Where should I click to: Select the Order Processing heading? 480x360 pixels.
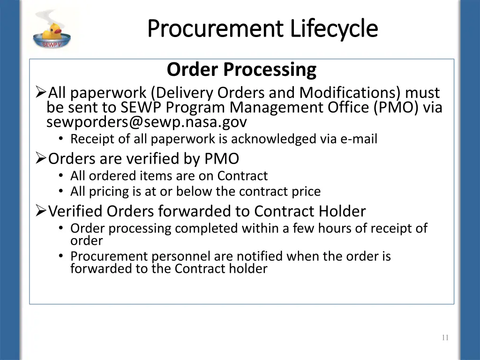coord(241,69)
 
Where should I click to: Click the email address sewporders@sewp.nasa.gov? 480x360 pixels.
coord(146,122)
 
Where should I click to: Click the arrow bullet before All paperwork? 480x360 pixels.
coord(41,92)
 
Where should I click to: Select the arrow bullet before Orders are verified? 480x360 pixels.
coord(41,159)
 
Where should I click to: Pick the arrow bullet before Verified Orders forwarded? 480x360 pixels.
coord(41,211)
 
